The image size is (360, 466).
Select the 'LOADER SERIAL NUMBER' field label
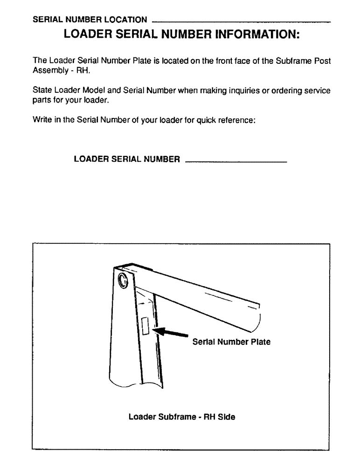tap(127, 159)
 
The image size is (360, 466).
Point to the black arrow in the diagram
tap(171, 332)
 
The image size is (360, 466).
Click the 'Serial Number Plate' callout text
tap(231, 342)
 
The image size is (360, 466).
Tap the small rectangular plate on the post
tap(145, 326)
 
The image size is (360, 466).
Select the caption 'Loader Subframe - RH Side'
tap(182, 417)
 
